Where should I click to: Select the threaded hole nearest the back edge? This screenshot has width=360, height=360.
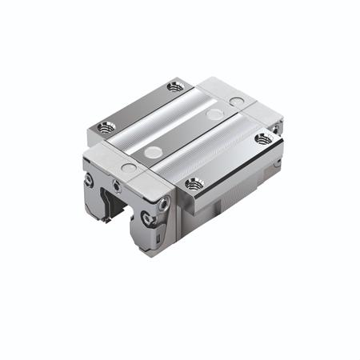tap(175, 86)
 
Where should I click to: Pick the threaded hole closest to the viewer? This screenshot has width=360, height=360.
tap(194, 184)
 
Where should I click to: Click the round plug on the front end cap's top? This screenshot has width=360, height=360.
tap(128, 168)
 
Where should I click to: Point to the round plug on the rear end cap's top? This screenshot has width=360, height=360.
tap(236, 102)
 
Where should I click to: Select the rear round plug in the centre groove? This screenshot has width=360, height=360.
tap(214, 114)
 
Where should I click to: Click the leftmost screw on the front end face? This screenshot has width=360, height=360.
tap(89, 181)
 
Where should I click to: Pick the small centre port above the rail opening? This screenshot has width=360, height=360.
tap(118, 187)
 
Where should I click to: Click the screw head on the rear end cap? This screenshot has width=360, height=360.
tap(276, 128)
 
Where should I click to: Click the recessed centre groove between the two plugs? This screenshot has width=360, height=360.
tap(184, 133)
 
